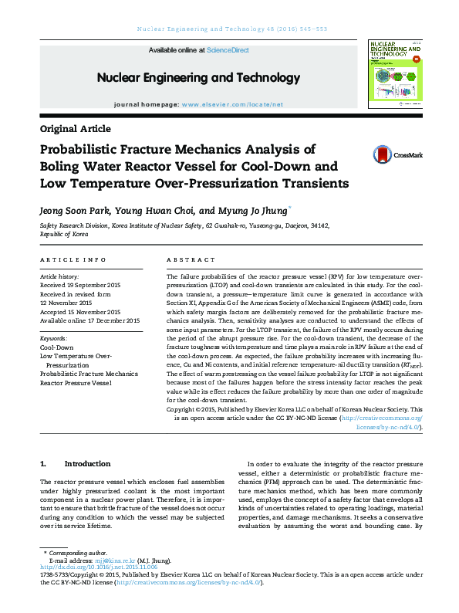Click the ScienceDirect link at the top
click(228, 50)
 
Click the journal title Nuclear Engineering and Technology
click(198, 78)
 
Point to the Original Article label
click(75, 129)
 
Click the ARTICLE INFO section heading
click(73, 260)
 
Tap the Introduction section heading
click(87, 464)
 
